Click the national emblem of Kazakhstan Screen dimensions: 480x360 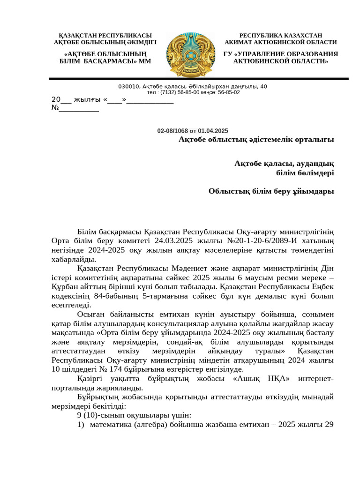189,54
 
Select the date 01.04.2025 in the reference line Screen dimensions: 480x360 213,131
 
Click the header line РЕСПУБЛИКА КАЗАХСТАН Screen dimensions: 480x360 281,36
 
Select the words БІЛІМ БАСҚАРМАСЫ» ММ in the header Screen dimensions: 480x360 105,61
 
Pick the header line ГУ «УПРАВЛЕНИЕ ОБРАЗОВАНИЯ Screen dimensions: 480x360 281,54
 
